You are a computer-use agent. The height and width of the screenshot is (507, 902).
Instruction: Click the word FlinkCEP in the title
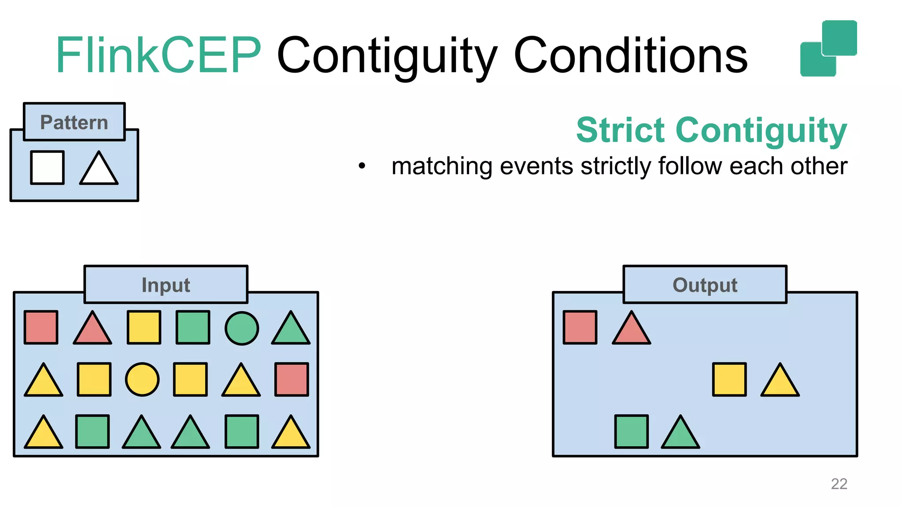click(x=159, y=55)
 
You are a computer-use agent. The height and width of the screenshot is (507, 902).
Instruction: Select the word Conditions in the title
click(x=630, y=55)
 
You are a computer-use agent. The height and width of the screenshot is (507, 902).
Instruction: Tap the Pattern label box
click(x=74, y=122)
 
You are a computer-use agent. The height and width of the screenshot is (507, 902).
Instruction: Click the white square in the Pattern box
click(x=47, y=168)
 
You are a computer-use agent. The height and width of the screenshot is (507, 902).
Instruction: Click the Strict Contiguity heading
click(x=711, y=131)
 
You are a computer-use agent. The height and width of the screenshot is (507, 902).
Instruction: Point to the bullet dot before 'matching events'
click(x=362, y=166)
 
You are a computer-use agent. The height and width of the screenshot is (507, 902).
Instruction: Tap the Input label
click(x=166, y=285)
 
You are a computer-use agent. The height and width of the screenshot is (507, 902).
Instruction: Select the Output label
click(x=705, y=285)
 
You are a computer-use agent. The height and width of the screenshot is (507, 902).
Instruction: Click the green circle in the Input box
click(x=241, y=328)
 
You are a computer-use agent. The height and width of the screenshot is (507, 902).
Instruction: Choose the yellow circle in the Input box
click(x=142, y=379)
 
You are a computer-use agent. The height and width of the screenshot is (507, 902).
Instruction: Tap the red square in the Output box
click(x=580, y=327)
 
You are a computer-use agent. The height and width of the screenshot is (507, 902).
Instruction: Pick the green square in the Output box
click(x=631, y=431)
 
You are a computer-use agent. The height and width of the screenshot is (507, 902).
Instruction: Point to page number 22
click(x=839, y=484)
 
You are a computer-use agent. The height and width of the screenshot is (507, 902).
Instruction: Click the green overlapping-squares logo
click(x=828, y=48)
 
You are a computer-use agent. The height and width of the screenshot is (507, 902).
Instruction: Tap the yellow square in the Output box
click(x=729, y=379)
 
